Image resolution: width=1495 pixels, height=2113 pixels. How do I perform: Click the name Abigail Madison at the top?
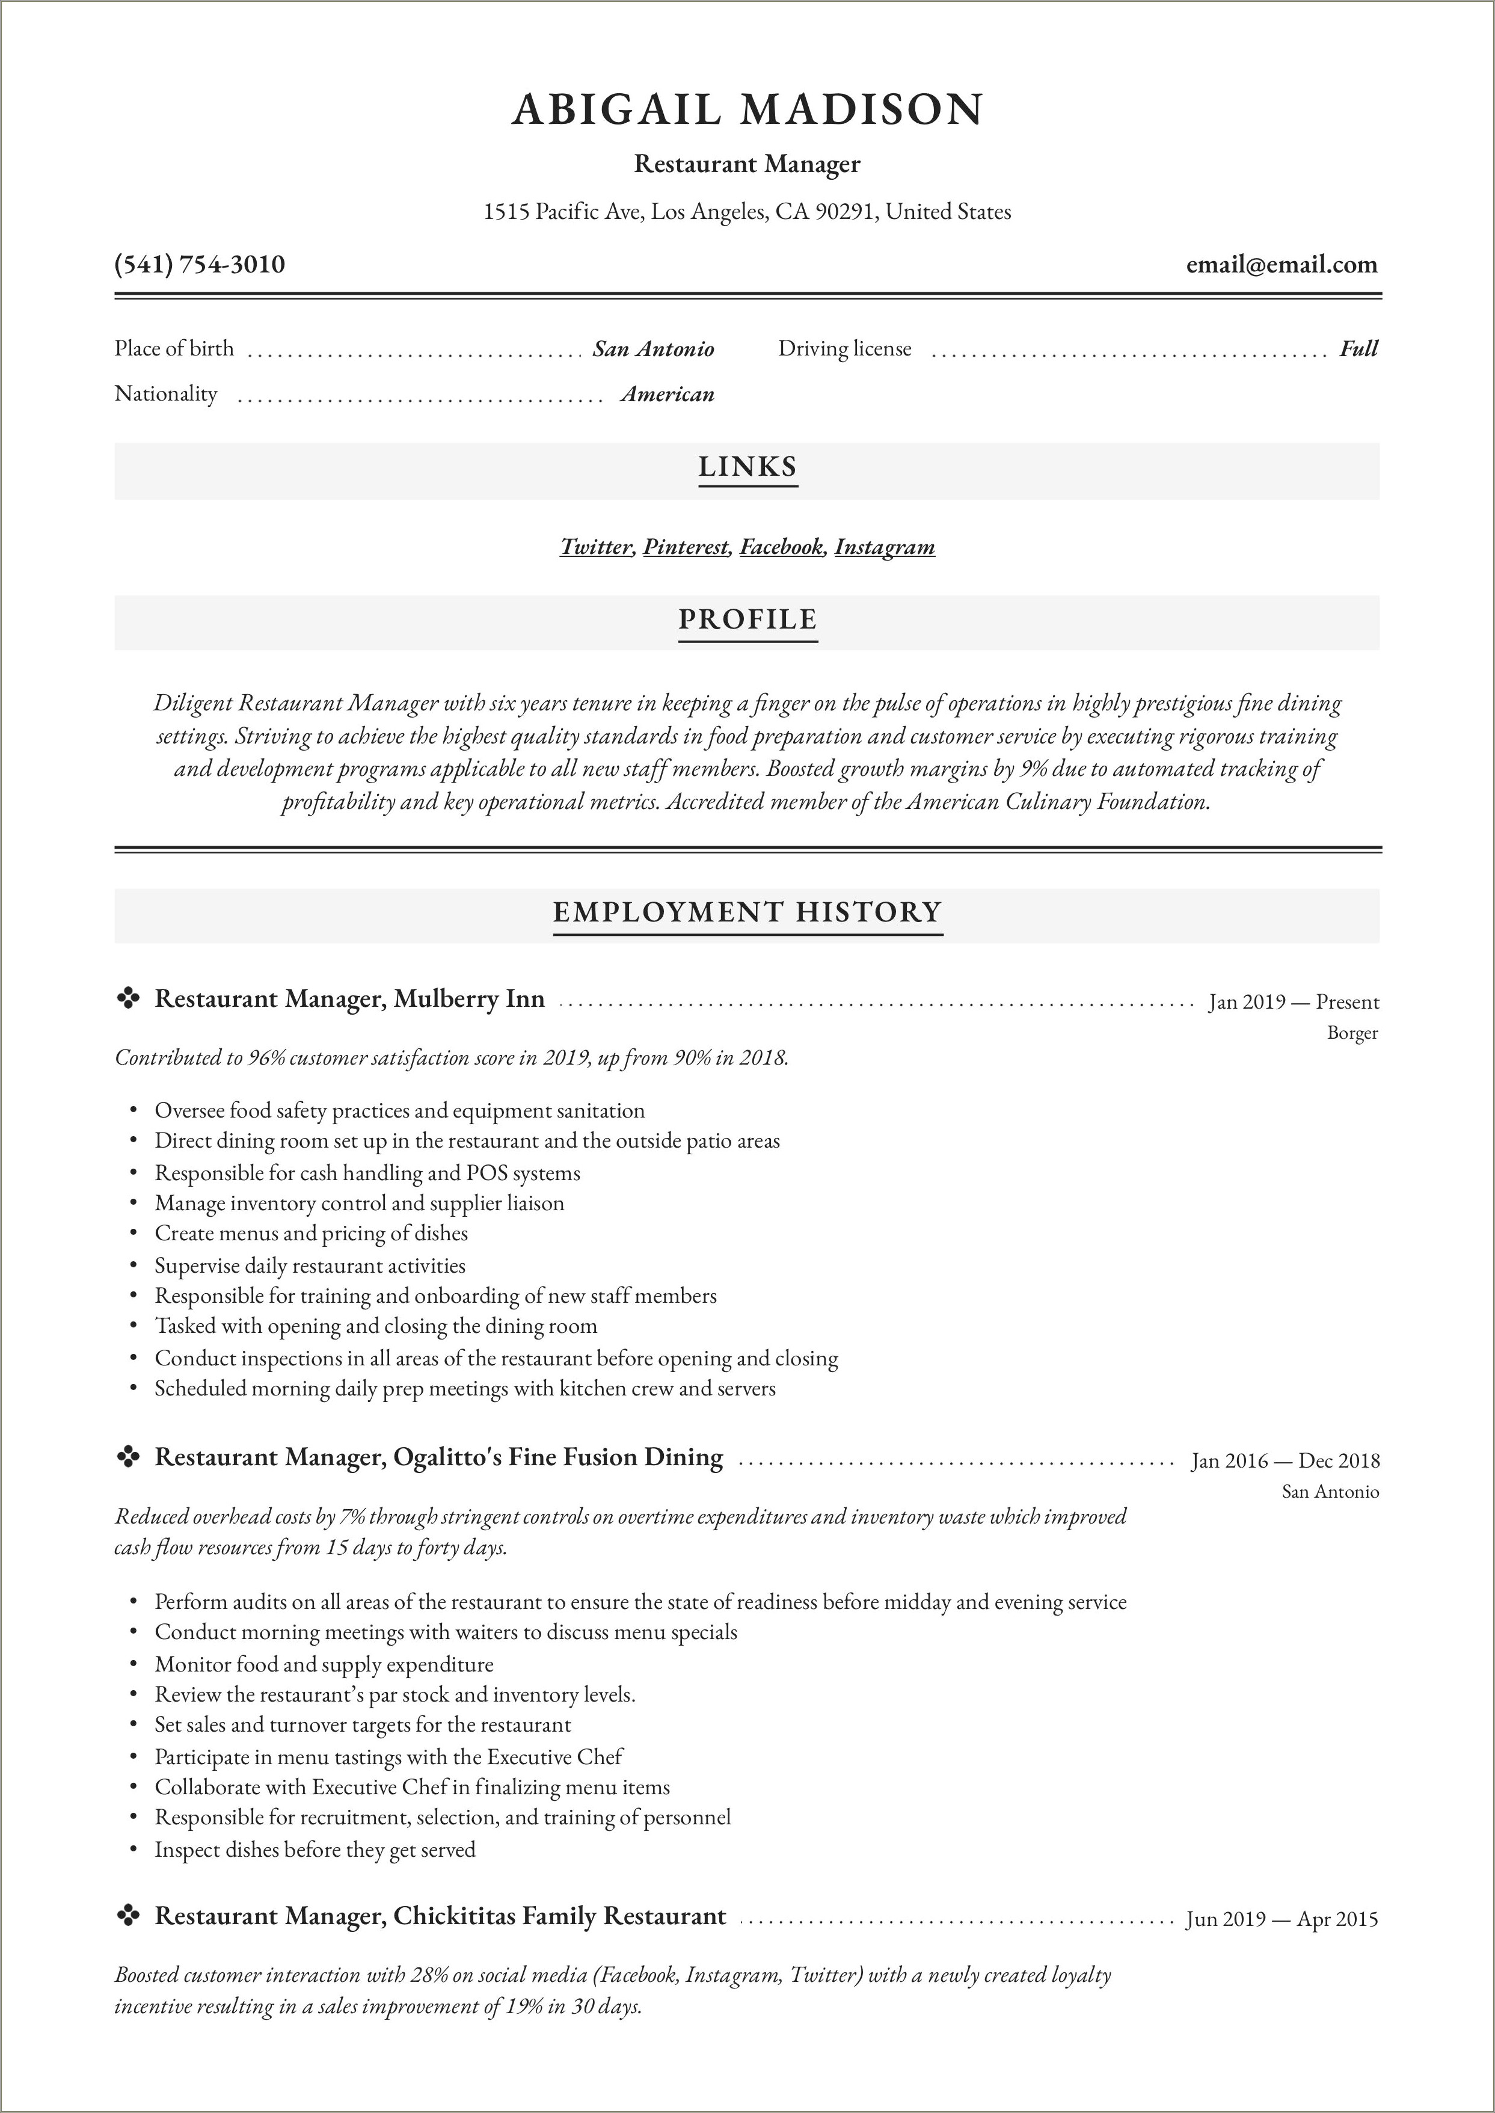click(x=746, y=109)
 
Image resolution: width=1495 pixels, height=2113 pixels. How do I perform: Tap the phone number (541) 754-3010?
click(x=200, y=265)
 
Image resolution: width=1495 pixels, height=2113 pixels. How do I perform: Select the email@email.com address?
click(x=1282, y=265)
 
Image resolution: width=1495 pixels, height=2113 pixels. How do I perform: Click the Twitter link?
click(x=595, y=547)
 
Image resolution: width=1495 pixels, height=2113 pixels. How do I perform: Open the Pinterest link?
click(x=686, y=547)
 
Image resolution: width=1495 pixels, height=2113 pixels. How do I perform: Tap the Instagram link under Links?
click(x=885, y=547)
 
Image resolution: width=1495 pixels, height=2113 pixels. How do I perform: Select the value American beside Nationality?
click(x=668, y=395)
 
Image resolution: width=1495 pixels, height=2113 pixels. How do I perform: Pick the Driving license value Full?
click(x=1358, y=349)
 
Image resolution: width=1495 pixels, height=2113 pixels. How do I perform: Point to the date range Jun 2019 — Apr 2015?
click(x=1282, y=1920)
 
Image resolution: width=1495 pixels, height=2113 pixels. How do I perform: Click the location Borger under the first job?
click(x=1352, y=1033)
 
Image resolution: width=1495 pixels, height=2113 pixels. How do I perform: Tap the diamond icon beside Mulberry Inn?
click(x=128, y=998)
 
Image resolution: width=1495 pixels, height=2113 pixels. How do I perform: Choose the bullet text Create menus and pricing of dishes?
click(x=311, y=1234)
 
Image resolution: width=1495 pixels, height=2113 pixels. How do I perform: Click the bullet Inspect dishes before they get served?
click(x=315, y=1850)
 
